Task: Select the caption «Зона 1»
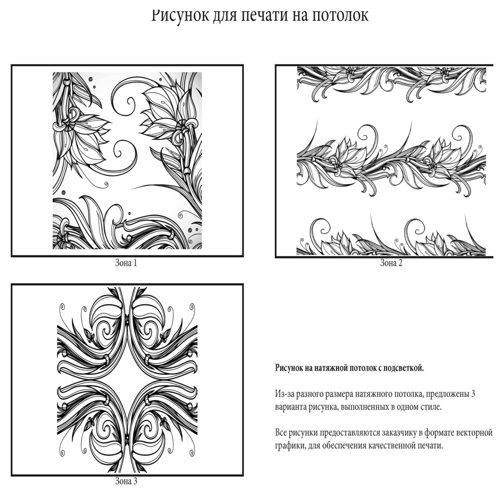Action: tap(126, 263)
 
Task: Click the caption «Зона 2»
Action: tap(391, 263)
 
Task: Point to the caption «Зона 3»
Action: tap(126, 481)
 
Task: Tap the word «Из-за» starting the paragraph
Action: tap(284, 394)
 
